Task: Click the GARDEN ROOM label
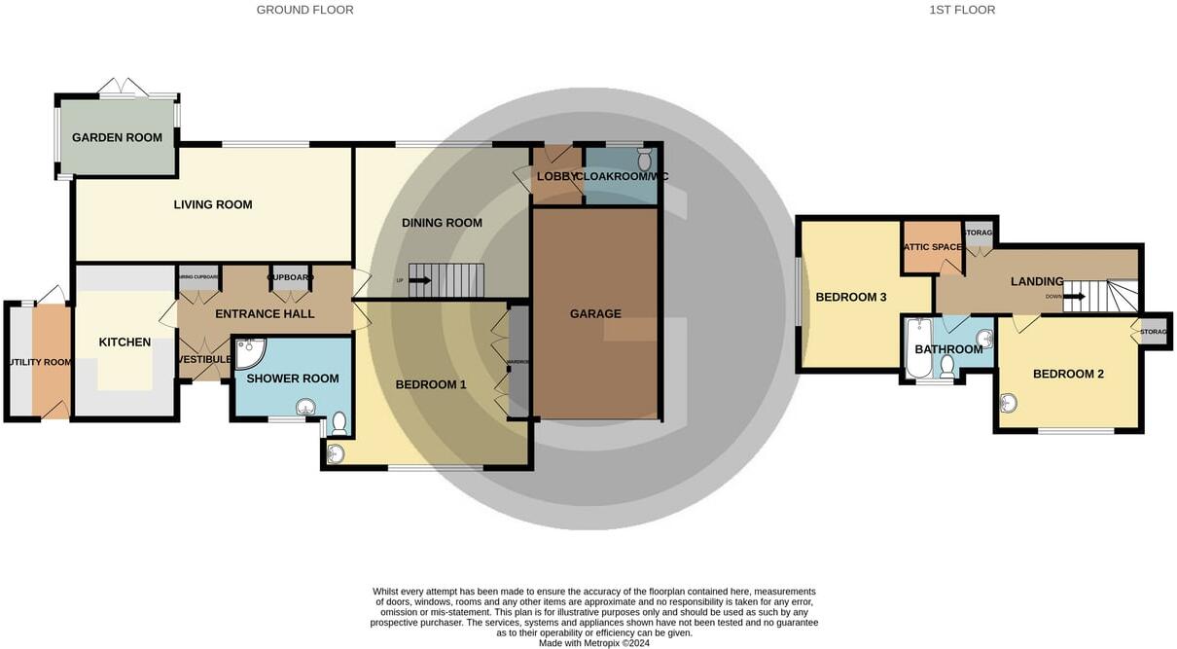pos(117,137)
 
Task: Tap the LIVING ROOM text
pos(213,204)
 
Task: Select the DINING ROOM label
pos(442,223)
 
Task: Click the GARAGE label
pos(595,313)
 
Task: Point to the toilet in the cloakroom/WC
pos(644,158)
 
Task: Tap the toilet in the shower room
pos(339,423)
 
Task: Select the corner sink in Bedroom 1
pos(336,452)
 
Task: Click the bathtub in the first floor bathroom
pos(917,348)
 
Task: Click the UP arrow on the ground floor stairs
pos(420,281)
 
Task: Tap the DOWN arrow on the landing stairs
pos(1074,297)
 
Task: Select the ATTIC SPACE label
pos(933,247)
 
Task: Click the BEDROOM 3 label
pos(850,297)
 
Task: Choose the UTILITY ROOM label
pos(39,362)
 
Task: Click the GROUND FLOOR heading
pos(304,10)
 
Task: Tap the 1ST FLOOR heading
pos(962,10)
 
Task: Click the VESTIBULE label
pos(204,359)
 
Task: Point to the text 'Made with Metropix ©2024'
pos(593,642)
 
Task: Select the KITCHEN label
pos(125,342)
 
